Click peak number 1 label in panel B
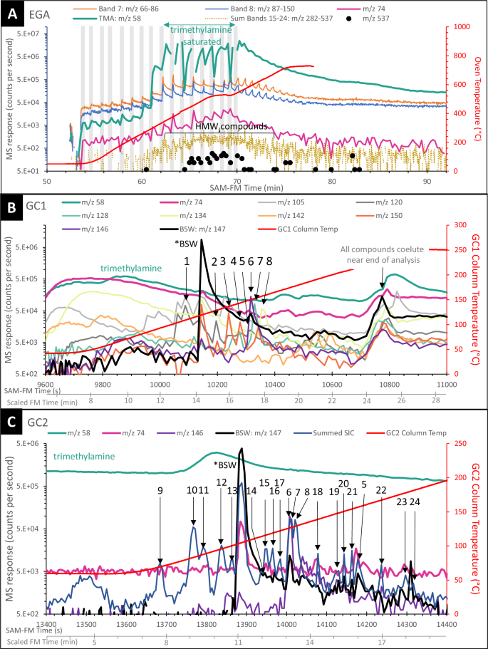point(187,261)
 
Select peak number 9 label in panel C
point(160,490)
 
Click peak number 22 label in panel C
point(381,490)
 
